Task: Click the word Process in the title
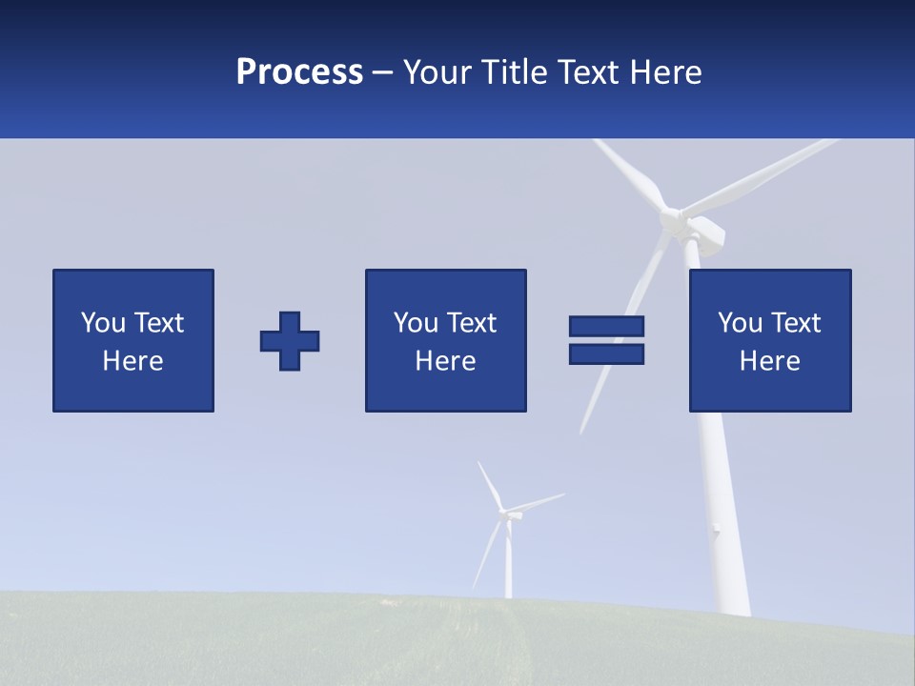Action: coord(299,72)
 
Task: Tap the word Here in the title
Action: coord(664,72)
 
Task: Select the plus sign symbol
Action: coord(290,340)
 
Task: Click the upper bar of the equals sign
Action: coord(606,326)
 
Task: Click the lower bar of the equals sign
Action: coord(606,354)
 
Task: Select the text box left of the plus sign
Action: coord(133,340)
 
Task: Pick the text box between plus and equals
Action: coord(445,340)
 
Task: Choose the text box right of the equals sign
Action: coord(769,340)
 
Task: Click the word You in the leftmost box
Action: coord(103,323)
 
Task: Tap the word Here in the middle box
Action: coord(445,361)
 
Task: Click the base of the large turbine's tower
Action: coord(732,606)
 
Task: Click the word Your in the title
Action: coord(437,72)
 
